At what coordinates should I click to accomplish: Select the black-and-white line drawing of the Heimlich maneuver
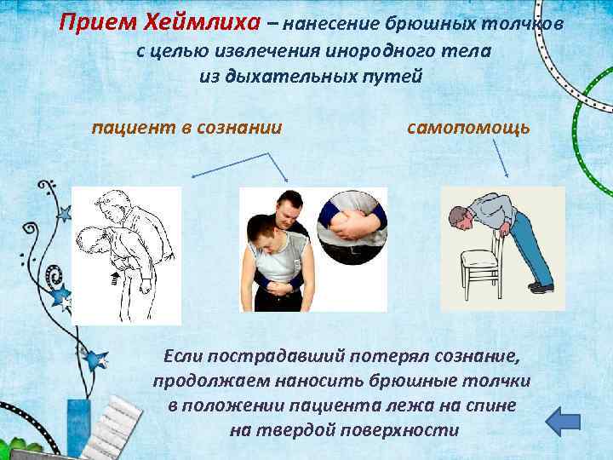126,254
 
